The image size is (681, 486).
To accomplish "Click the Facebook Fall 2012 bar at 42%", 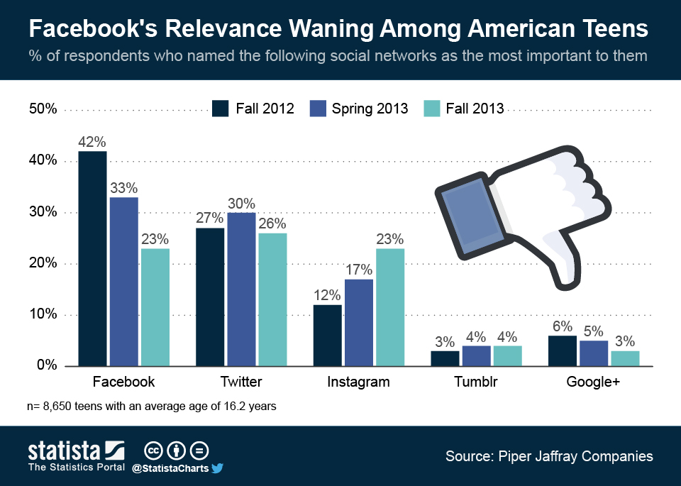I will click(92, 258).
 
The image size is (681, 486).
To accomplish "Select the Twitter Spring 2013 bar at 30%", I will click(240, 289).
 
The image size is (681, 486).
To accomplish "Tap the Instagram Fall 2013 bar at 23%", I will click(390, 306).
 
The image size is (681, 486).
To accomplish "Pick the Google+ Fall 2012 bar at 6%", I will click(563, 350).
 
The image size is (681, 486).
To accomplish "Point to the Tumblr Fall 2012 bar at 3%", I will click(445, 358).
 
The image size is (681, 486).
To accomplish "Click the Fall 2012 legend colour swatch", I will click(220, 109).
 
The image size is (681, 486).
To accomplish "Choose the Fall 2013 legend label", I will click(475, 109).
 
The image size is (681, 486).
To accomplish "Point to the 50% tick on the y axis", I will click(43, 109).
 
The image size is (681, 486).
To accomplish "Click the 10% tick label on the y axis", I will click(43, 314).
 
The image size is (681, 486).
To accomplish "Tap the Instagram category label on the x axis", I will click(358, 382).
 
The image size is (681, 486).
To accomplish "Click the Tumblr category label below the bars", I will click(476, 382).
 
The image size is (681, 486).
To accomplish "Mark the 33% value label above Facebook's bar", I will click(123, 189).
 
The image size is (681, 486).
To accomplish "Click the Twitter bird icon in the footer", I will click(217, 468).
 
